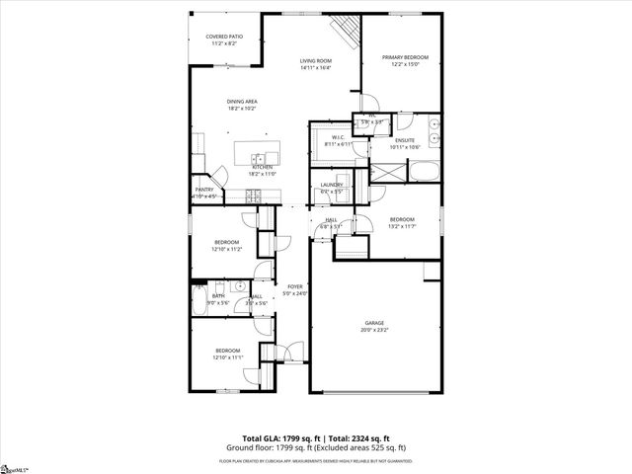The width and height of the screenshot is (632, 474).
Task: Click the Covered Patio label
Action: [223, 37]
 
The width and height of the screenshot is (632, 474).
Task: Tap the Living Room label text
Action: [316, 61]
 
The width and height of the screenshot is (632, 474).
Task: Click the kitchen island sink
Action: [260, 158]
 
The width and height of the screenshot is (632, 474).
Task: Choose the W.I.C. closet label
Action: [338, 137]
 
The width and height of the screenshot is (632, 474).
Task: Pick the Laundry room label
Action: [332, 185]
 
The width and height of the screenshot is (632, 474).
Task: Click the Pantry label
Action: [204, 190]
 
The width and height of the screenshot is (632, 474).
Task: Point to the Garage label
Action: [373, 322]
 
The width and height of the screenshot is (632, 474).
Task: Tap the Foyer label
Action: [296, 286]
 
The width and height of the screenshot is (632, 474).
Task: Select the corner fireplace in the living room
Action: [346, 32]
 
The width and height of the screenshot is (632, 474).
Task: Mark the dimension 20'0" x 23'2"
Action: [373, 329]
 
